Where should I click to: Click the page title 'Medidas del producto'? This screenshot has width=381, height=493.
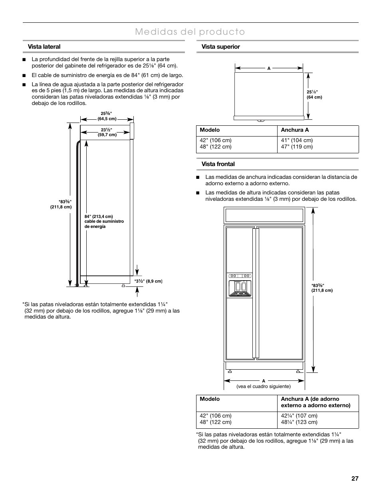click(190, 32)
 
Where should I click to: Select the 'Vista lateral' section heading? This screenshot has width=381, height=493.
click(44, 47)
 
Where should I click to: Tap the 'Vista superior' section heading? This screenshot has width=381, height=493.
click(220, 47)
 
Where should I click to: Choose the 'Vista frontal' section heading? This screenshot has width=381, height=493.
click(218, 164)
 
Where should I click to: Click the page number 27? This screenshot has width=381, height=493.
click(355, 479)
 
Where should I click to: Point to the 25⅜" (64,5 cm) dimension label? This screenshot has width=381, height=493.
click(107, 116)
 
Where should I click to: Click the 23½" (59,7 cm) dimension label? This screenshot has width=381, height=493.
click(107, 132)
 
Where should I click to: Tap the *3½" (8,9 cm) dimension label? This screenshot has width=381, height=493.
click(148, 281)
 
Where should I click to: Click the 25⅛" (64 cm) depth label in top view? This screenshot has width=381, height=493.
click(314, 95)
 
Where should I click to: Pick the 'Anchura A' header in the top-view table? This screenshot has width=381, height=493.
click(295, 130)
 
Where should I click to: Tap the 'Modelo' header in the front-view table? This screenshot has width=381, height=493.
click(210, 399)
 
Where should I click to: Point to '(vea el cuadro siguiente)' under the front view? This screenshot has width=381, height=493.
click(264, 386)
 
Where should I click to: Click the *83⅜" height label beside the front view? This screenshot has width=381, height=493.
click(321, 288)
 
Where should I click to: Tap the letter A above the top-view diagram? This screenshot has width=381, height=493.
click(269, 68)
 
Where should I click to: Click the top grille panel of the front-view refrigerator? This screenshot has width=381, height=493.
click(264, 216)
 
